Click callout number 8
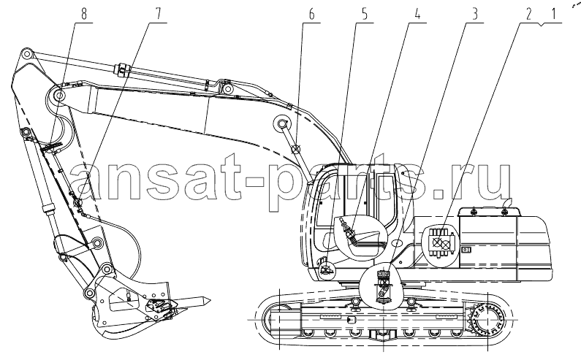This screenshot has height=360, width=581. click(x=84, y=14)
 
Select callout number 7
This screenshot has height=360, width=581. click(x=158, y=14)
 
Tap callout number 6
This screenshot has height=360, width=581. click(x=311, y=14)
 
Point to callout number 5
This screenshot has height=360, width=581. click(x=365, y=14)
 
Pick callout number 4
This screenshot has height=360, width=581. click(x=417, y=14)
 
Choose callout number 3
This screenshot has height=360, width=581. click(x=474, y=14)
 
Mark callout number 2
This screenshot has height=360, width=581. click(x=528, y=14)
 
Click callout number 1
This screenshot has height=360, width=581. click(x=553, y=14)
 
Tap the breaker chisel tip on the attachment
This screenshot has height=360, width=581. click(x=197, y=301)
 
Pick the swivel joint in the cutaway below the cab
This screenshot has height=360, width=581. click(x=383, y=286)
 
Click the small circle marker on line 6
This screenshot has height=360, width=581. click(x=296, y=150)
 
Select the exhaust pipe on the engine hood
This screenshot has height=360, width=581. click(x=506, y=204)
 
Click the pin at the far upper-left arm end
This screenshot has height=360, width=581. click(x=26, y=54)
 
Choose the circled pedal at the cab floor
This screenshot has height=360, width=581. click(x=327, y=269)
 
